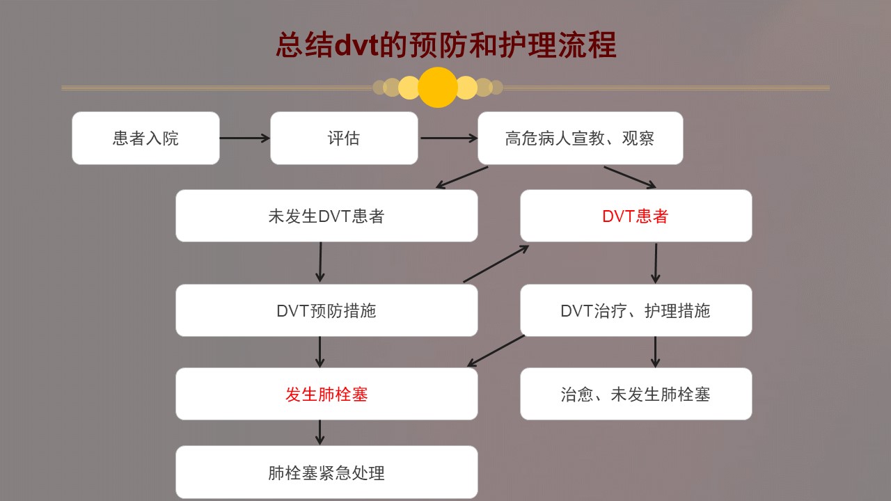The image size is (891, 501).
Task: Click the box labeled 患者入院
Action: (145, 138)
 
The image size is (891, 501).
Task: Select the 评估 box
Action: (344, 138)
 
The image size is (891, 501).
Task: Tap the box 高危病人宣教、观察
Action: (581, 138)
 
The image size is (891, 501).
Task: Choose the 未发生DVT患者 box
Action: (326, 216)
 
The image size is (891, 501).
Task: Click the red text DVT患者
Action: (636, 216)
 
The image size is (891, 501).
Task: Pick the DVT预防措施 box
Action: (326, 310)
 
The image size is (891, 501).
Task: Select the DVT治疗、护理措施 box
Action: (636, 310)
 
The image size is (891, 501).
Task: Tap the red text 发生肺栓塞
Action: (326, 395)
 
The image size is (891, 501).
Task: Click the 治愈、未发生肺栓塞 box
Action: (636, 394)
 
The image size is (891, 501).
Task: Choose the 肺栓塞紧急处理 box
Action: (326, 472)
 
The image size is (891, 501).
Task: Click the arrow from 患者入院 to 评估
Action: (244, 138)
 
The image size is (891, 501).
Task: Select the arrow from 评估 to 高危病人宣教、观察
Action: (449, 138)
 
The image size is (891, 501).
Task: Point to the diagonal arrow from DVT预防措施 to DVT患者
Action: (496, 264)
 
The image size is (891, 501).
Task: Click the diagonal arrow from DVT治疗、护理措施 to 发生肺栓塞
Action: (496, 351)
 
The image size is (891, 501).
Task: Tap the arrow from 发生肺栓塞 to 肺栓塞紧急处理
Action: (320, 432)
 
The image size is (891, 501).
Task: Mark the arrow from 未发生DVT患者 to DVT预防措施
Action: (320, 262)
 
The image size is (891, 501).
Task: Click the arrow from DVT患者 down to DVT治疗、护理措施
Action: (656, 263)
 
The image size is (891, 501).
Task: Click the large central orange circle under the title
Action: (438, 87)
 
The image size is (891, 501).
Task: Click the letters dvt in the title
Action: (356, 45)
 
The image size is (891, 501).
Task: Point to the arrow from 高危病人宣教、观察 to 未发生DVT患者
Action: (462, 177)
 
